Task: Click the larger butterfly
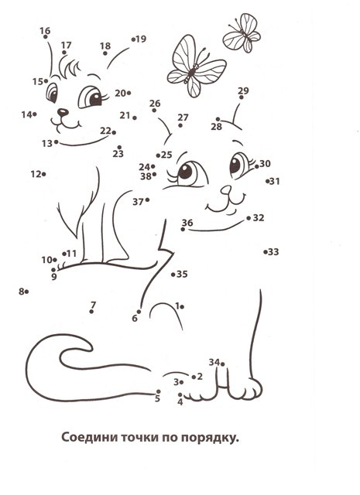tap(197, 67)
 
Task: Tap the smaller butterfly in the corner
tap(242, 32)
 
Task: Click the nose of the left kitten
tap(63, 111)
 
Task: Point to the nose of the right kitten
tap(226, 189)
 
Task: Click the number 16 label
tap(45, 31)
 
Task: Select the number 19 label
tap(141, 39)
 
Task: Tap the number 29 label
tap(243, 90)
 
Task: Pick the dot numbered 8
tap(26, 292)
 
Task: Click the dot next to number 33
tap(265, 252)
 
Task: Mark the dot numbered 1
tap(183, 306)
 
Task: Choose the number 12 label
tap(36, 174)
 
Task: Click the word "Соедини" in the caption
tap(86, 438)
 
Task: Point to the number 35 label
tap(182, 274)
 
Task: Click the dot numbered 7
tap(91, 312)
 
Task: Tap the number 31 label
tap(275, 181)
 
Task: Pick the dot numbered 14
tap(34, 114)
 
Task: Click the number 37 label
tap(138, 202)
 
